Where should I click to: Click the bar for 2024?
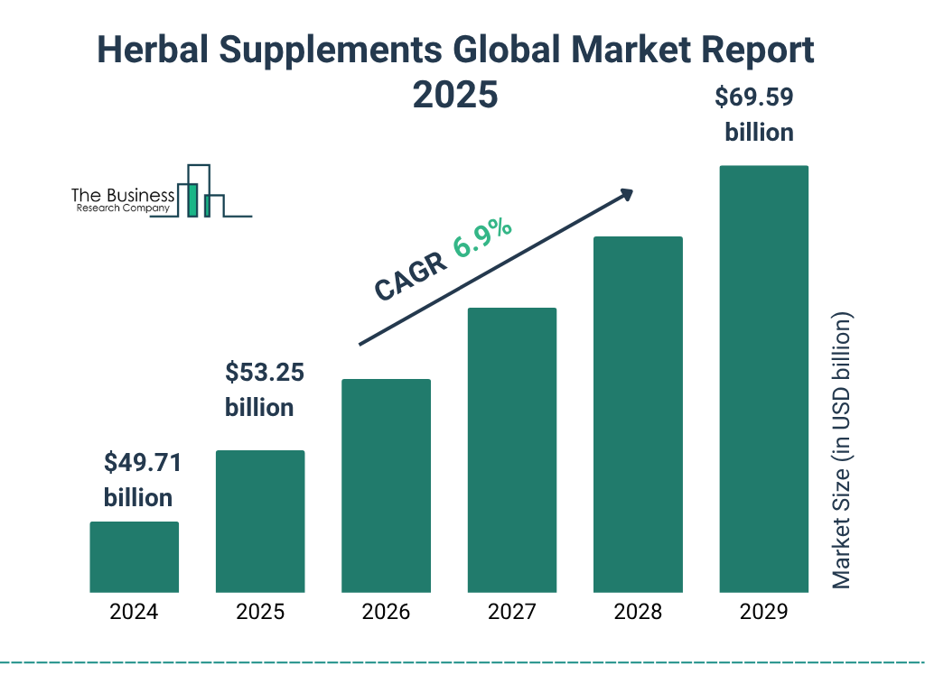tap(134, 557)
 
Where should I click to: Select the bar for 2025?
tap(260, 521)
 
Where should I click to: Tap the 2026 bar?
tap(386, 485)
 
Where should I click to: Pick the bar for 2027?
tap(511, 449)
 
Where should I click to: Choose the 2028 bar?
tap(638, 414)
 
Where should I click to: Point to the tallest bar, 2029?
tap(763, 379)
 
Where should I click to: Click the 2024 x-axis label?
tap(134, 612)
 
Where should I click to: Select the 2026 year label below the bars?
tap(386, 612)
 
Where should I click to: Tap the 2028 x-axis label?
tap(638, 612)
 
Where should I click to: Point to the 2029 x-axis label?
tap(763, 612)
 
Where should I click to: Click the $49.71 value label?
tap(142, 464)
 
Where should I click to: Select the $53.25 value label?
tap(264, 372)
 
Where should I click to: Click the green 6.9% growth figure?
tap(482, 236)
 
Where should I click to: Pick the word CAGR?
tap(407, 276)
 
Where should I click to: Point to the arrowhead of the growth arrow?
tap(624, 195)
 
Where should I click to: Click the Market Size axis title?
tap(842, 451)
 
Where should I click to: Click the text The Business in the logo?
tap(123, 195)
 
